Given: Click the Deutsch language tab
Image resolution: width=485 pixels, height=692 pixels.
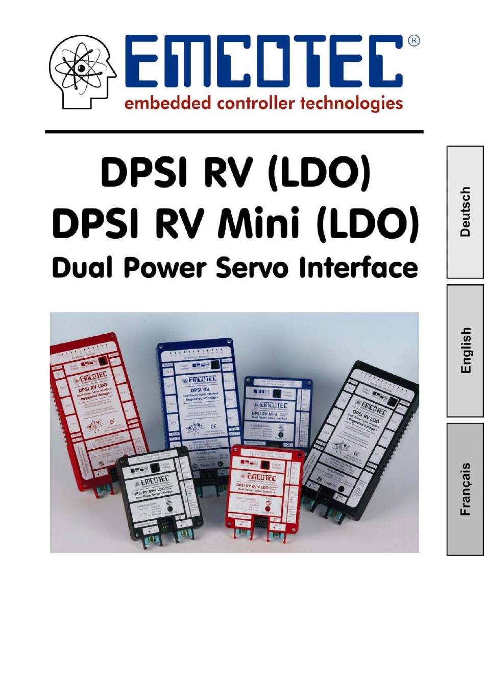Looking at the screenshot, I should pos(465,212).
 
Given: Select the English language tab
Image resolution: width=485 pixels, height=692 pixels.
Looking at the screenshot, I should pos(465,351).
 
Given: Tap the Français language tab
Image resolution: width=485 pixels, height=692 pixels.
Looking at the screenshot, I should pos(465,489).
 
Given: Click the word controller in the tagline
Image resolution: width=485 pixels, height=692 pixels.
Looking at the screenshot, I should pos(254,103).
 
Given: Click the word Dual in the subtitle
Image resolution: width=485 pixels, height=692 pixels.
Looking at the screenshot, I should pos(82,268).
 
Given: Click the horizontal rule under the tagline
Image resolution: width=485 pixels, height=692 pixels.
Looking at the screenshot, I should pos(234,132).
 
